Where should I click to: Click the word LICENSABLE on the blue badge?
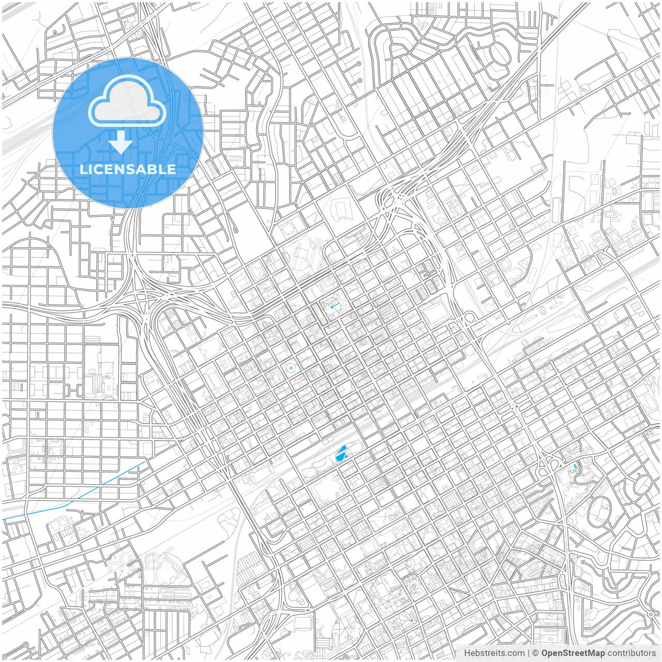coord(128,169)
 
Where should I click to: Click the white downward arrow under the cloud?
coord(121,142)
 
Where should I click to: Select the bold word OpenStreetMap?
coord(573,653)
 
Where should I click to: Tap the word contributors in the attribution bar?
coord(631,653)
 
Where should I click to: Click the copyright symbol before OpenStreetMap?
coord(536,653)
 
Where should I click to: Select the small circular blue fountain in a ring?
coord(291,368)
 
